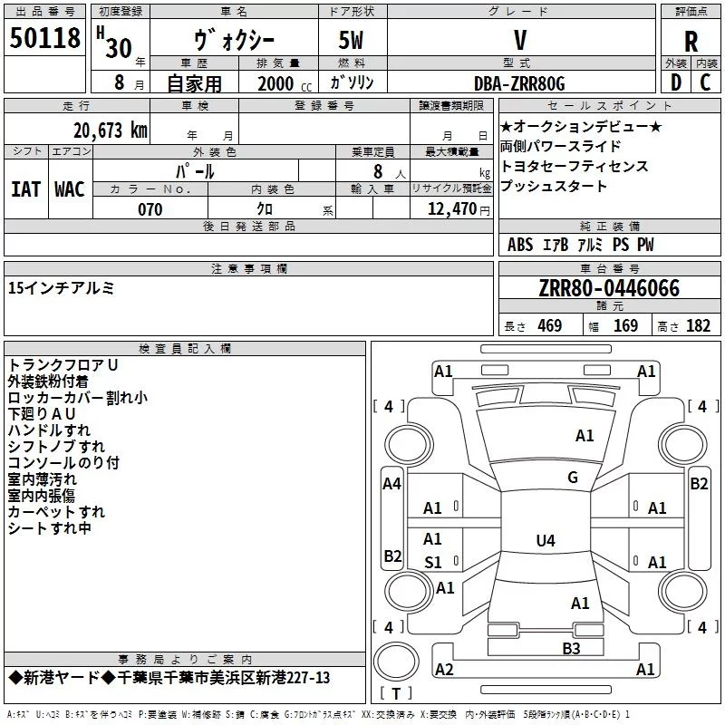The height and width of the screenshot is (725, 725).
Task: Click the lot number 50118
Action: coord(45,39)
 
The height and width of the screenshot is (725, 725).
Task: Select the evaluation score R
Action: coord(691,42)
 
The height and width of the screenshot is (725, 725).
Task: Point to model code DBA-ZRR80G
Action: coord(519,83)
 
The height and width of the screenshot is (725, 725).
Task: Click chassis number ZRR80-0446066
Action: coord(609,288)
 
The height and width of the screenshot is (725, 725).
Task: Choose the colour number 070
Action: coord(150,210)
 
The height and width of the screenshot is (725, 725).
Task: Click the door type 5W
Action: coord(353,41)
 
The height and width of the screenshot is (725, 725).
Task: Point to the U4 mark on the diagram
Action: coord(545,541)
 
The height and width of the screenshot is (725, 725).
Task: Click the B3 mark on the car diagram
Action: coord(571,648)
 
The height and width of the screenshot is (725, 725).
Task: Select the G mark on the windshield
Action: coord(573,478)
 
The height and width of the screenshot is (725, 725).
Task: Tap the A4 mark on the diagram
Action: coord(391,484)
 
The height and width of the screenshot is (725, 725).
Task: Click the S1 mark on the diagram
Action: coord(433,563)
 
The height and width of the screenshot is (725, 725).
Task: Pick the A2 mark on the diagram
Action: coord(444,669)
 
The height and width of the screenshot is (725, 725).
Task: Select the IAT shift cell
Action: coord(25,189)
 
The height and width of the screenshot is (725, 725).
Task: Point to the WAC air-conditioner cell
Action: coord(70,189)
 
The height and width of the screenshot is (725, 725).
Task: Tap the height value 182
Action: coord(698,326)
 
